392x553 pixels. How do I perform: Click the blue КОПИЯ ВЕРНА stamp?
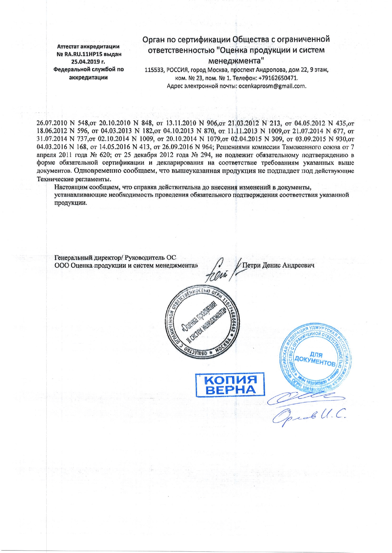tap(230, 385)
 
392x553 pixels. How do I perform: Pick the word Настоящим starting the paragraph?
tap(69, 187)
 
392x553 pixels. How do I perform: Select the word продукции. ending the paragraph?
tap(70, 203)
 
